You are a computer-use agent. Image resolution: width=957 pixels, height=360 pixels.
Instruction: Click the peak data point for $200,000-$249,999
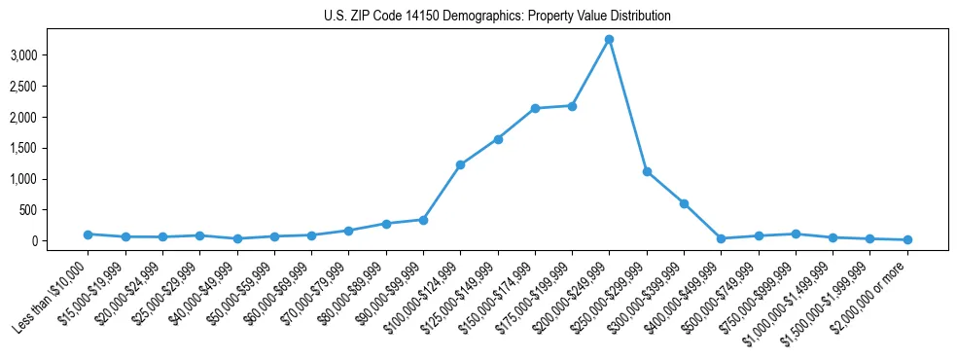609,39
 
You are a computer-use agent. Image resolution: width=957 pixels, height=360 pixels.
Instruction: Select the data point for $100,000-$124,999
460,164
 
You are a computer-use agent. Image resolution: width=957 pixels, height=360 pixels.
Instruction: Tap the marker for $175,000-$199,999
572,106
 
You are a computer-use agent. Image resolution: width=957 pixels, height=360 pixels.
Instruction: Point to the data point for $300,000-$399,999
684,203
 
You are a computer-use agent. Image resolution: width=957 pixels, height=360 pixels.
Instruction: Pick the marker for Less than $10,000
88,234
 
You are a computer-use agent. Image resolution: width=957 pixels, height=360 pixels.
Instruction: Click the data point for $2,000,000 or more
907,239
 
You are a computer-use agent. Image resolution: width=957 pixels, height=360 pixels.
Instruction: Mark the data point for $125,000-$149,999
498,139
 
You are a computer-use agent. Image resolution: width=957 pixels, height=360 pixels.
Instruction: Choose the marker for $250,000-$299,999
647,171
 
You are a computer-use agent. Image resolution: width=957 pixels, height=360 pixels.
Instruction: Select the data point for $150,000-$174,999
535,108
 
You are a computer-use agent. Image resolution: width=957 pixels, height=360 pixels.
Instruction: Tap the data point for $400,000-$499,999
721,238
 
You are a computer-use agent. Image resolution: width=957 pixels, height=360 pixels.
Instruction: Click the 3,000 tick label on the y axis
22,55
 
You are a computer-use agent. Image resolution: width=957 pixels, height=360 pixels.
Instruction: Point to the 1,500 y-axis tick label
22,148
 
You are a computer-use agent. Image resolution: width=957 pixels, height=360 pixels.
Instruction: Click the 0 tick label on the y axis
33,241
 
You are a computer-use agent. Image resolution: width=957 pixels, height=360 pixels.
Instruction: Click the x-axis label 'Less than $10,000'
53,292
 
